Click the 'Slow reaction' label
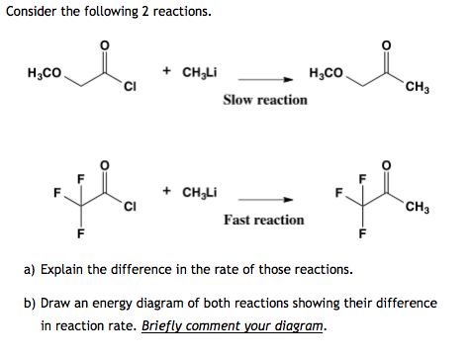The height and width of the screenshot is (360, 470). tap(264, 100)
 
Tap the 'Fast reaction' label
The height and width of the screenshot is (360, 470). tap(263, 220)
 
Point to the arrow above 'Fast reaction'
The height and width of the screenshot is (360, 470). tap(266, 199)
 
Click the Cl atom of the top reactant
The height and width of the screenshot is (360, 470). tap(129, 94)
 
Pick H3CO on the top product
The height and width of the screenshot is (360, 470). tap(329, 73)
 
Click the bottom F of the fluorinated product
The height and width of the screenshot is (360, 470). tap(362, 234)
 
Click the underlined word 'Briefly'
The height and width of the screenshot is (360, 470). tap(166, 326)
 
